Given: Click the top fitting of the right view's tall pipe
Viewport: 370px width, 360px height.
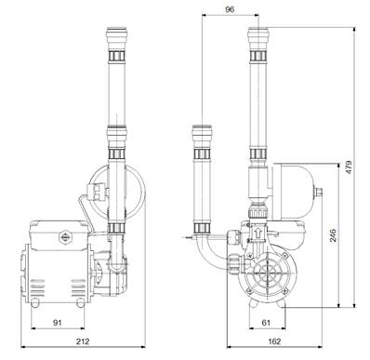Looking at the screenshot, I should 257,42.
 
